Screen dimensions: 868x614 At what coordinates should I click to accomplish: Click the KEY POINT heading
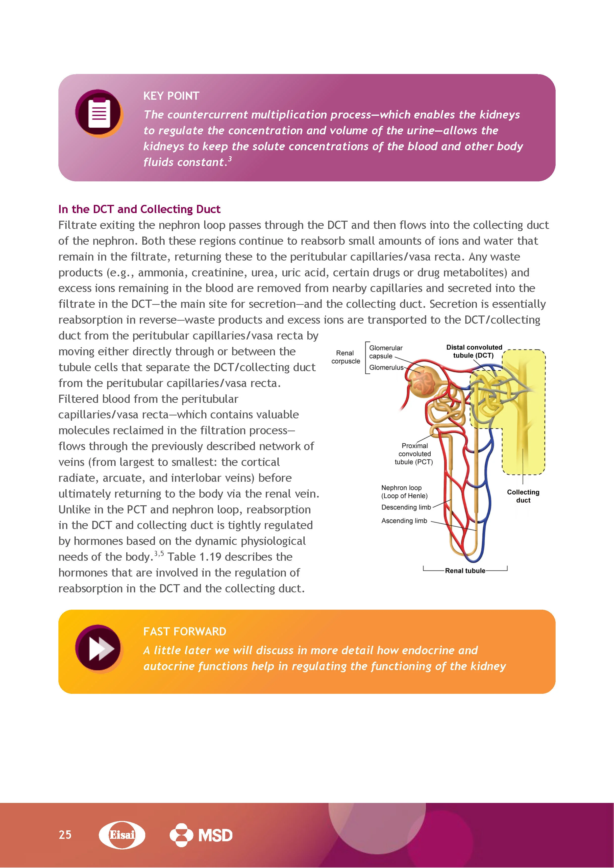(171, 96)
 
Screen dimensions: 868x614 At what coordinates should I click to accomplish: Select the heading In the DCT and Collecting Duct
(139, 209)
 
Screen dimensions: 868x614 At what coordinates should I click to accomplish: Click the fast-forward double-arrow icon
(99, 649)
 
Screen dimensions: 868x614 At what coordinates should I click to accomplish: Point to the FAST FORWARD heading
(185, 631)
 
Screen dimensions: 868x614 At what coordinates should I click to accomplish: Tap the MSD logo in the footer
(201, 835)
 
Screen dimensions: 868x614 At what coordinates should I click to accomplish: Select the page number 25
(65, 834)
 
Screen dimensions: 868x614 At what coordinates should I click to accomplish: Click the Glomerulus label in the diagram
(386, 367)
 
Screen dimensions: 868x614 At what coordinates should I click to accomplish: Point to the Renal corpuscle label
(345, 357)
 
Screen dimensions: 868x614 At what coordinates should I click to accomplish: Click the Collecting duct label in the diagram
(523, 496)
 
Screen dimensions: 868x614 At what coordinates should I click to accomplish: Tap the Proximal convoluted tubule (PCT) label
(414, 454)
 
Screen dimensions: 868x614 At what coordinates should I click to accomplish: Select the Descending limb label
(406, 507)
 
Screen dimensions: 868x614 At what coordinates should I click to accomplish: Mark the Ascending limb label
(404, 521)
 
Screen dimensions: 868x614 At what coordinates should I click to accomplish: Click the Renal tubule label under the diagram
(465, 571)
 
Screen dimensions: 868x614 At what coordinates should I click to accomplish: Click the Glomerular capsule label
(385, 352)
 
